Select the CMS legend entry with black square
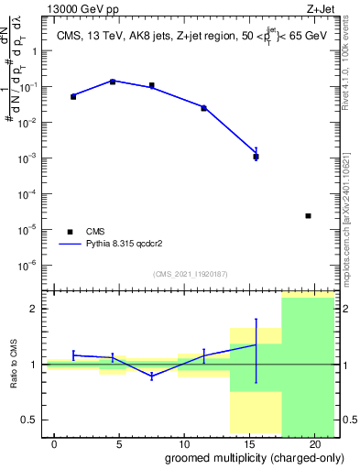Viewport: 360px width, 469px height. pyautogui.click(x=70, y=232)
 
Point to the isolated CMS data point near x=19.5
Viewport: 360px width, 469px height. pyautogui.click(x=308, y=216)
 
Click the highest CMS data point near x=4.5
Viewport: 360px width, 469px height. pyautogui.click(x=113, y=82)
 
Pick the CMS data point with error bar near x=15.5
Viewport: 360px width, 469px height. pyautogui.click(x=256, y=157)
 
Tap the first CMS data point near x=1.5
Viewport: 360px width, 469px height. pyautogui.click(x=73, y=96)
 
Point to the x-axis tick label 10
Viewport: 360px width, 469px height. pyautogui.click(x=183, y=444)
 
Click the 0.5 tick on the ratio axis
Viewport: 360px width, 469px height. pyautogui.click(x=29, y=420)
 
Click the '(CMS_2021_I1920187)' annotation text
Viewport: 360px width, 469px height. pyautogui.click(x=191, y=274)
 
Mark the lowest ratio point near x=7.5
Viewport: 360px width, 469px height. pyautogui.click(x=151, y=376)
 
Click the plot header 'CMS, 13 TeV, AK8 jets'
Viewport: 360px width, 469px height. pyautogui.click(x=108, y=36)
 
